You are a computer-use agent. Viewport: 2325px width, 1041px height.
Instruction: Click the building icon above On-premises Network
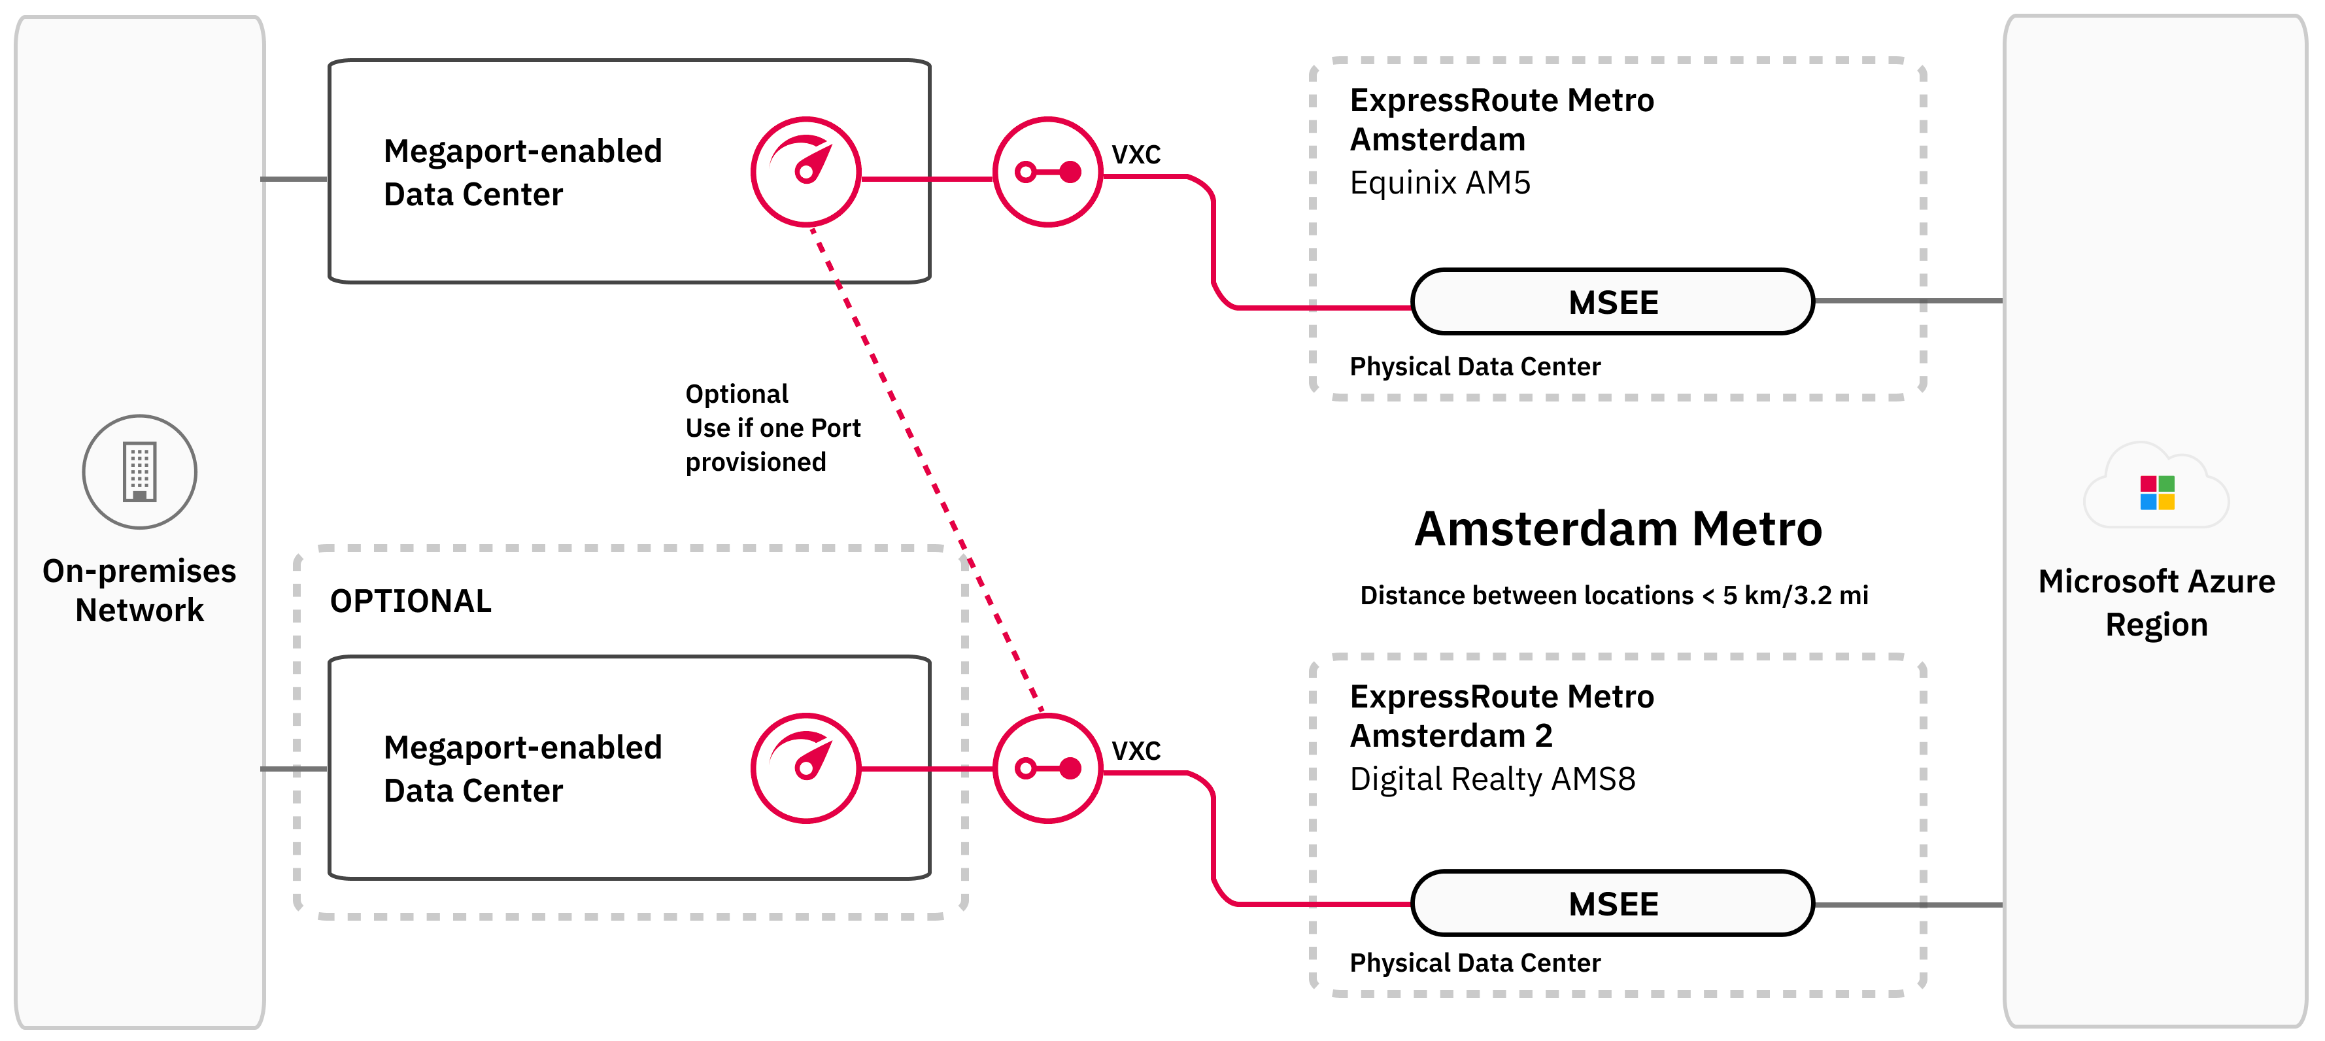click(140, 471)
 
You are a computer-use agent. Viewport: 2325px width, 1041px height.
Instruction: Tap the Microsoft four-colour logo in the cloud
click(2157, 493)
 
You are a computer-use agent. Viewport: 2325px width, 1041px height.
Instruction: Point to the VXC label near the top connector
click(1136, 154)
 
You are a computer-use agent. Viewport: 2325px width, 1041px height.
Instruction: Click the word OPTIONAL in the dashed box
click(411, 602)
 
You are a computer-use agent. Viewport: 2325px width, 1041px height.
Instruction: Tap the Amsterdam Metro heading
click(1618, 529)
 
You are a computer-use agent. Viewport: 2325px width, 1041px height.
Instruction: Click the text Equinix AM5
click(1440, 183)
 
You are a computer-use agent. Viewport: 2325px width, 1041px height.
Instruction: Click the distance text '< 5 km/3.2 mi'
click(1784, 596)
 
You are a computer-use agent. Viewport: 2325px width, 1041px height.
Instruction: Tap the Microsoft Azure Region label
click(2156, 602)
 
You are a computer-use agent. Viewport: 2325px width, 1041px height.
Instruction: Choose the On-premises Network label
click(139, 590)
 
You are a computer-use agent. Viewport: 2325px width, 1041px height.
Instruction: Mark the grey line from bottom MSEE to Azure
click(1909, 904)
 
